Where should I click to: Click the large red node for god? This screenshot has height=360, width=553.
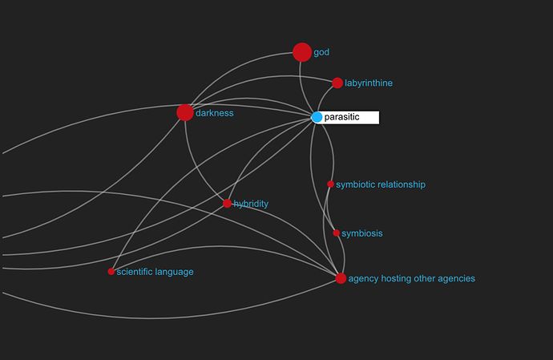click(302, 52)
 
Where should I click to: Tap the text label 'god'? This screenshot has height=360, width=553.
click(321, 53)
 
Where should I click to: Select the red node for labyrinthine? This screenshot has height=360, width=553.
click(337, 83)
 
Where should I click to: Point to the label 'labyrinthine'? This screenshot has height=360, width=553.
click(369, 83)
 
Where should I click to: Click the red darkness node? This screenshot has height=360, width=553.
click(185, 112)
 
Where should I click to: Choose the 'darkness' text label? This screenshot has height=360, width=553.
click(215, 113)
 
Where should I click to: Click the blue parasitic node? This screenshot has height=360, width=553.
click(317, 117)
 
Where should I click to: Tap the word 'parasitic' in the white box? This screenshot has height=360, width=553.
click(341, 117)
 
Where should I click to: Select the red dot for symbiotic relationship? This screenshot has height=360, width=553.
click(330, 184)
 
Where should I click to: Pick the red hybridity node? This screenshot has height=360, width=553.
click(227, 204)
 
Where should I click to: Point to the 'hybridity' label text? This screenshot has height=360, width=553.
click(251, 204)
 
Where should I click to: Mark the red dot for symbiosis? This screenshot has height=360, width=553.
click(336, 233)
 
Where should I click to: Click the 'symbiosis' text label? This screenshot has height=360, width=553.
click(362, 233)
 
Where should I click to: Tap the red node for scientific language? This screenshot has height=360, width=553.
click(111, 272)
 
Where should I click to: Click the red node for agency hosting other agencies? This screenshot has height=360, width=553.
click(341, 278)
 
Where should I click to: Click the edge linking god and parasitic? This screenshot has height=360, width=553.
click(302, 87)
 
